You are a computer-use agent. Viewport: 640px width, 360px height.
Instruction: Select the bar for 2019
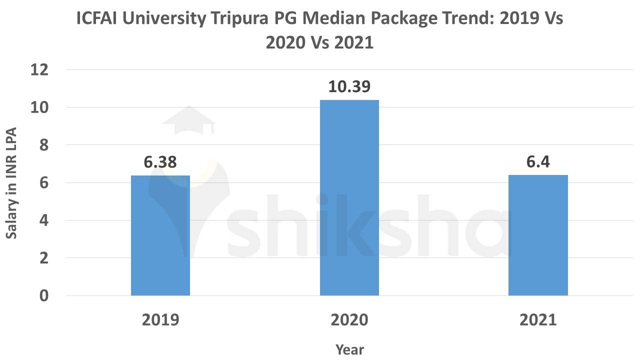pos(160,235)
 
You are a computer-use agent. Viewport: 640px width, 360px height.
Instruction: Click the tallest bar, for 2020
pos(349,198)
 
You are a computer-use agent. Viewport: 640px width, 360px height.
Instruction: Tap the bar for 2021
pos(538,235)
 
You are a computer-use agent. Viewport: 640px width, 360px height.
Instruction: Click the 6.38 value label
pos(160,162)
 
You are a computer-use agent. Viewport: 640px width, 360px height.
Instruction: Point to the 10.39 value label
pos(349,87)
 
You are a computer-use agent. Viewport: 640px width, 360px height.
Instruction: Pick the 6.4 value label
pos(538,162)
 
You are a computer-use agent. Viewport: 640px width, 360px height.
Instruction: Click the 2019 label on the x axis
pos(160,320)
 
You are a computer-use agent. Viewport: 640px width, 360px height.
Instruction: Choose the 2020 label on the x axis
pos(349,320)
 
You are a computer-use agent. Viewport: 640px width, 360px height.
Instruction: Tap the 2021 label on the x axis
pos(538,320)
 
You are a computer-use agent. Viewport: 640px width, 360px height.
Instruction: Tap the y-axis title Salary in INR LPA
pos(12,183)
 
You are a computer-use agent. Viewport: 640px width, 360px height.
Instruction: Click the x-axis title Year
pos(349,349)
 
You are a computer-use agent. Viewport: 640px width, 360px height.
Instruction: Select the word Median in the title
pos(333,19)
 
